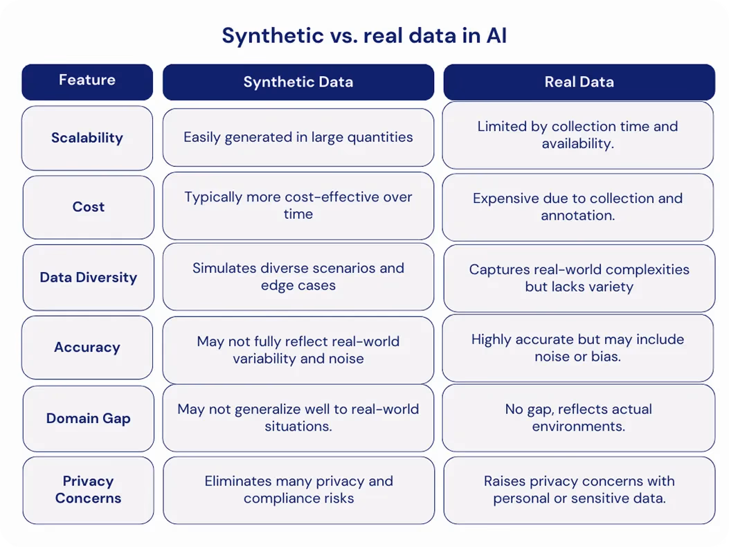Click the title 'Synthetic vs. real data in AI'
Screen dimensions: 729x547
[364, 36]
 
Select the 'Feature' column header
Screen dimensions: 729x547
[87, 82]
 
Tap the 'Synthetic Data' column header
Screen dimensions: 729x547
[298, 82]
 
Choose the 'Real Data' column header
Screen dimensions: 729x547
[579, 82]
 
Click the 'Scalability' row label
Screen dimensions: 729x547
[87, 138]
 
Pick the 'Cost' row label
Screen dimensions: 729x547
[89, 207]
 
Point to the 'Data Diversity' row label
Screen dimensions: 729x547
[89, 277]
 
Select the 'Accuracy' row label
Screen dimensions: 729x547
[87, 347]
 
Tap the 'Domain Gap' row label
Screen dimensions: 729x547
[89, 418]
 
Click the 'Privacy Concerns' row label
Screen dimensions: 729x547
[89, 490]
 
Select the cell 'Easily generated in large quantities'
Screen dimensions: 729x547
[298, 137]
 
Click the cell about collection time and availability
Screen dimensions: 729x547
[578, 135]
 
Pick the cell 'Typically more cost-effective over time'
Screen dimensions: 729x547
[298, 206]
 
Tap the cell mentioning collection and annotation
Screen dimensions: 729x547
[578, 207]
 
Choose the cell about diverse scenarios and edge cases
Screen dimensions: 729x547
[298, 276]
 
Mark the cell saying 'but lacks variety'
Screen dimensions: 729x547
[579, 278]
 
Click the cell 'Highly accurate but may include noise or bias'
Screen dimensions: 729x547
[578, 348]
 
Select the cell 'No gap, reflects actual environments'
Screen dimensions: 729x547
[579, 418]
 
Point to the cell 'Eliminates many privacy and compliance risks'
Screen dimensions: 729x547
[299, 490]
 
